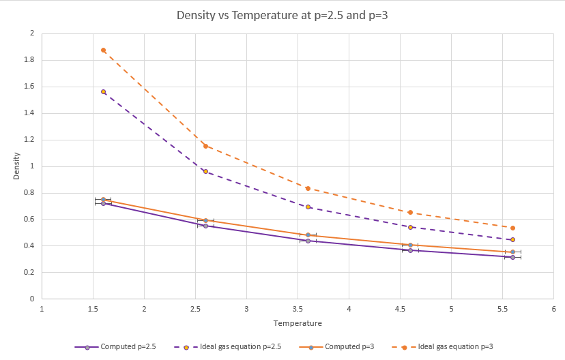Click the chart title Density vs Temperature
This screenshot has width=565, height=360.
click(x=282, y=15)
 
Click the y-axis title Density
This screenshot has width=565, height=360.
click(x=16, y=166)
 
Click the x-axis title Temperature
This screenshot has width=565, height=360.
click(x=298, y=322)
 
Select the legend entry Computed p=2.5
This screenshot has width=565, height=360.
click(x=118, y=347)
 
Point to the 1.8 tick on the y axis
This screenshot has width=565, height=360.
click(x=29, y=60)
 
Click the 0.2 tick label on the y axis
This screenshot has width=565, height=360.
click(x=29, y=272)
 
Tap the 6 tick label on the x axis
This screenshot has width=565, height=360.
click(x=553, y=309)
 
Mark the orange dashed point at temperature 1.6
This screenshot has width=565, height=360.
click(x=103, y=50)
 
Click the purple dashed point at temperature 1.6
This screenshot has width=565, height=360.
click(x=103, y=91)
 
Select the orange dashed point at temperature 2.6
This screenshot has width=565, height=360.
click(x=205, y=146)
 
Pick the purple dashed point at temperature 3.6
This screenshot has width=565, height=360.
click(x=308, y=207)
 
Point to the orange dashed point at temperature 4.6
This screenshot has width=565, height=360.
click(x=410, y=212)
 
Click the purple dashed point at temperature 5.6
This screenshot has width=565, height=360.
click(x=512, y=239)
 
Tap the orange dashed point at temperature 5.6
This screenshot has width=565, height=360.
click(x=512, y=228)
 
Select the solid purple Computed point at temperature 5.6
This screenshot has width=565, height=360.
click(x=512, y=257)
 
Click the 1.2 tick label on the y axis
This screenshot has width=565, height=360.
click(x=29, y=140)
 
